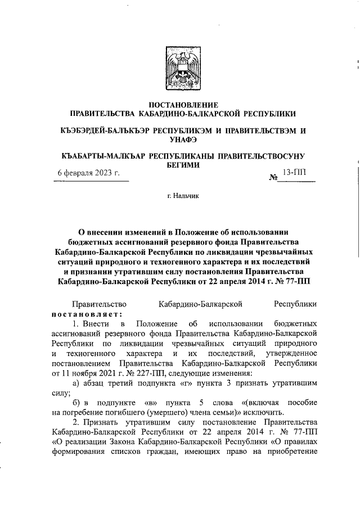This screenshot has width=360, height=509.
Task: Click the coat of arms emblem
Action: point(181,70)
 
